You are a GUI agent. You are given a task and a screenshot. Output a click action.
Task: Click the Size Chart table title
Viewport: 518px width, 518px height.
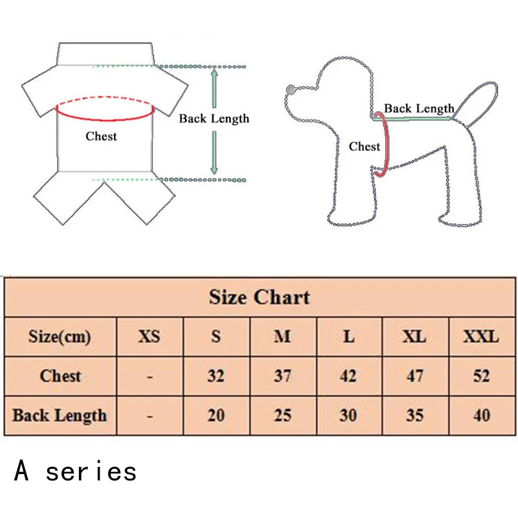click(259, 298)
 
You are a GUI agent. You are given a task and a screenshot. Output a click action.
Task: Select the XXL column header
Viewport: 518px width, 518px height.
click(481, 337)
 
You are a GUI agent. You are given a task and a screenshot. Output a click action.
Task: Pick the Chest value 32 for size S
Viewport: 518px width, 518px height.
click(216, 376)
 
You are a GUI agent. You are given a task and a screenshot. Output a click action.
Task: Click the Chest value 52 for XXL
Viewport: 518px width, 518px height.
click(481, 376)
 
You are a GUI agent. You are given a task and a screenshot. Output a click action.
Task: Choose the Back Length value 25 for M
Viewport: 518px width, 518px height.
click(282, 414)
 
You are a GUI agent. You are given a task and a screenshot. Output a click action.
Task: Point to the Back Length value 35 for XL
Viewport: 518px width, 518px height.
click(414, 414)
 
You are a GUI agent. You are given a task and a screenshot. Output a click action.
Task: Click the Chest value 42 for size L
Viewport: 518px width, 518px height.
click(348, 376)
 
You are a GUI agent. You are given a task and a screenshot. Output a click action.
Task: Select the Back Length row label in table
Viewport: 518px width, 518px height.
click(60, 414)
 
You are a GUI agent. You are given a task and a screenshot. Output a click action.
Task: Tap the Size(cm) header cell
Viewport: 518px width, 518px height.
click(60, 337)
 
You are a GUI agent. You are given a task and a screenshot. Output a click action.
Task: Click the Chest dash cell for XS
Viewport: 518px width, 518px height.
click(150, 376)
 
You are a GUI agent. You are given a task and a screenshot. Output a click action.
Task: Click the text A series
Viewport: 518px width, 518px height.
click(76, 471)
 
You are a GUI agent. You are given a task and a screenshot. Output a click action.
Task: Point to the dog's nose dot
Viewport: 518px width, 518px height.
click(289, 89)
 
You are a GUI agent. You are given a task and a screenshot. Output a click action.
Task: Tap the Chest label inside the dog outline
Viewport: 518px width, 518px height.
click(365, 147)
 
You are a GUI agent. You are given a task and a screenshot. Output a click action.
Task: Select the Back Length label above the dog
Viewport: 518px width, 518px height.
click(419, 108)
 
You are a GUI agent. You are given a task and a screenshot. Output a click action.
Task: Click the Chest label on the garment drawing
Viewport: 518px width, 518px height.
click(102, 136)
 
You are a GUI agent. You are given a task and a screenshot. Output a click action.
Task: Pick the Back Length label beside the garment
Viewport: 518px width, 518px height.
click(214, 118)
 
